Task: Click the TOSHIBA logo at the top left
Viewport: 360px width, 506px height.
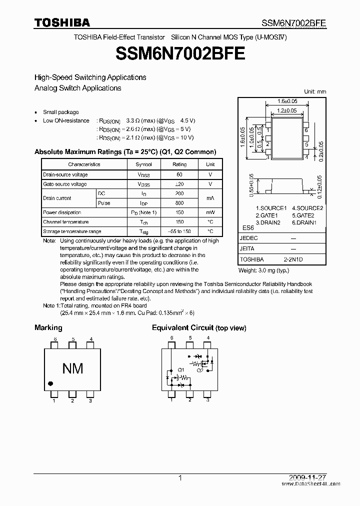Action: (62, 22)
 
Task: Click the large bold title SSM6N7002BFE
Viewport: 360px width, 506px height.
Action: (180, 53)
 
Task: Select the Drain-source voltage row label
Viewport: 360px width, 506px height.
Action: (65, 174)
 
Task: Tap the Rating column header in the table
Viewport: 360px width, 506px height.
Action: (179, 164)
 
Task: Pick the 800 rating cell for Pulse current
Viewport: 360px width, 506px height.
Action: (179, 203)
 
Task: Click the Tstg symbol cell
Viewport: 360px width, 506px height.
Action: (143, 231)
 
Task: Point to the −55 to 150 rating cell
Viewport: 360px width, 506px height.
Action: (179, 231)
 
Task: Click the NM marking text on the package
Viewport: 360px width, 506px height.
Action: (72, 368)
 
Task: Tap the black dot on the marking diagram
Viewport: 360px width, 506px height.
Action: (50, 383)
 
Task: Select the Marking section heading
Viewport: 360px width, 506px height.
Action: (48, 327)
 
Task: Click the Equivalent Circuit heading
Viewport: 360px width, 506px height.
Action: (199, 328)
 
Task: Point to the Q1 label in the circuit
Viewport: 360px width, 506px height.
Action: (180, 370)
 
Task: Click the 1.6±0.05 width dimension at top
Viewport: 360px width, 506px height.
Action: (287, 100)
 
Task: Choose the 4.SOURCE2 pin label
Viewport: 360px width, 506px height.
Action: (307, 208)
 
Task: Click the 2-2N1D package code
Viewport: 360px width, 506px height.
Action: (293, 259)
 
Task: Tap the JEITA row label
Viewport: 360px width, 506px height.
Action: (247, 248)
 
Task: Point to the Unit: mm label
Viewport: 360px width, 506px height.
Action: (315, 91)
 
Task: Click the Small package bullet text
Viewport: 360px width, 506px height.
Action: (60, 112)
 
